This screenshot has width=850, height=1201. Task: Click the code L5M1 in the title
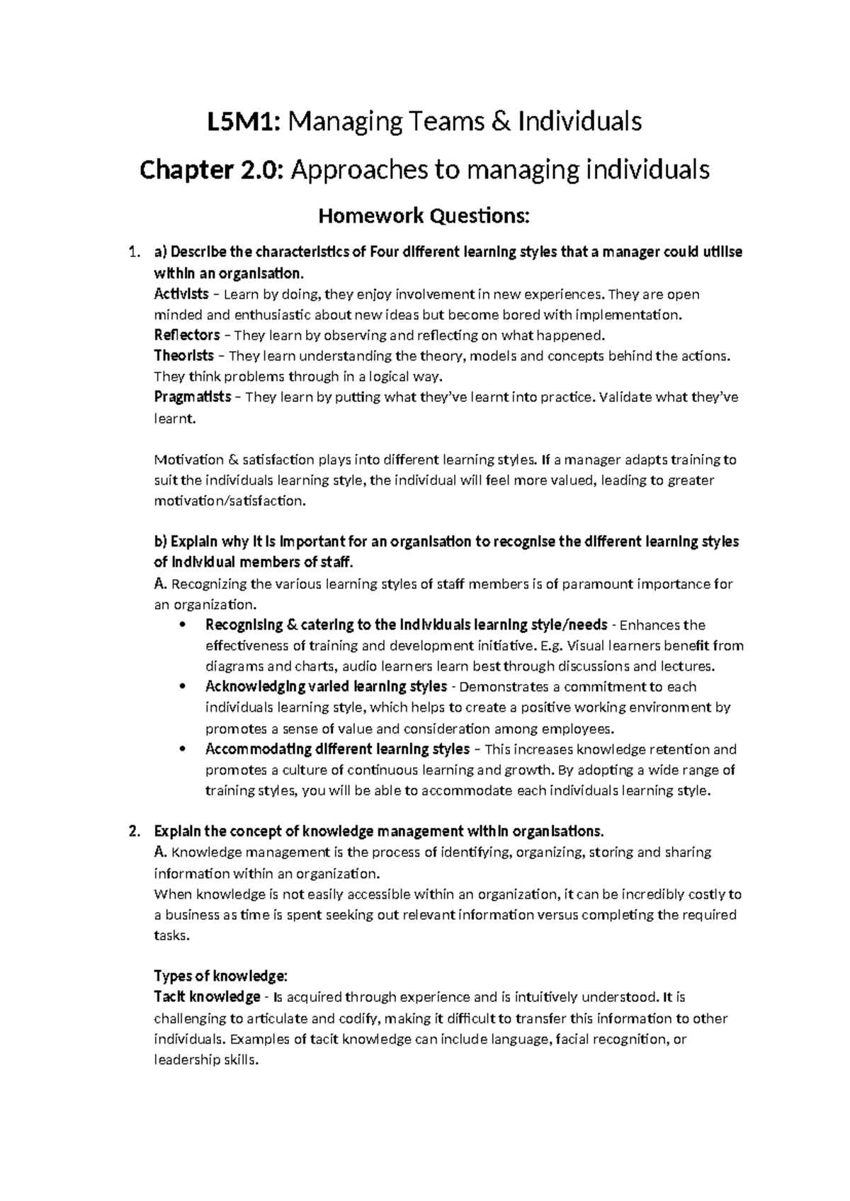coord(242,122)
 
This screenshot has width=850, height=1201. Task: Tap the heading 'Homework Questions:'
coord(424,215)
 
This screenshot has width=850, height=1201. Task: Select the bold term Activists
coord(181,294)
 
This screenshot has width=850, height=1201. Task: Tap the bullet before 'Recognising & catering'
coord(183,625)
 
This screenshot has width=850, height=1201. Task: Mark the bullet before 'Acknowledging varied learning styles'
coord(183,687)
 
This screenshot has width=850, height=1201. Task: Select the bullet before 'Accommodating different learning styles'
coord(183,749)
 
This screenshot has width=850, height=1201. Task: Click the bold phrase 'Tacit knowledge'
coord(207,998)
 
